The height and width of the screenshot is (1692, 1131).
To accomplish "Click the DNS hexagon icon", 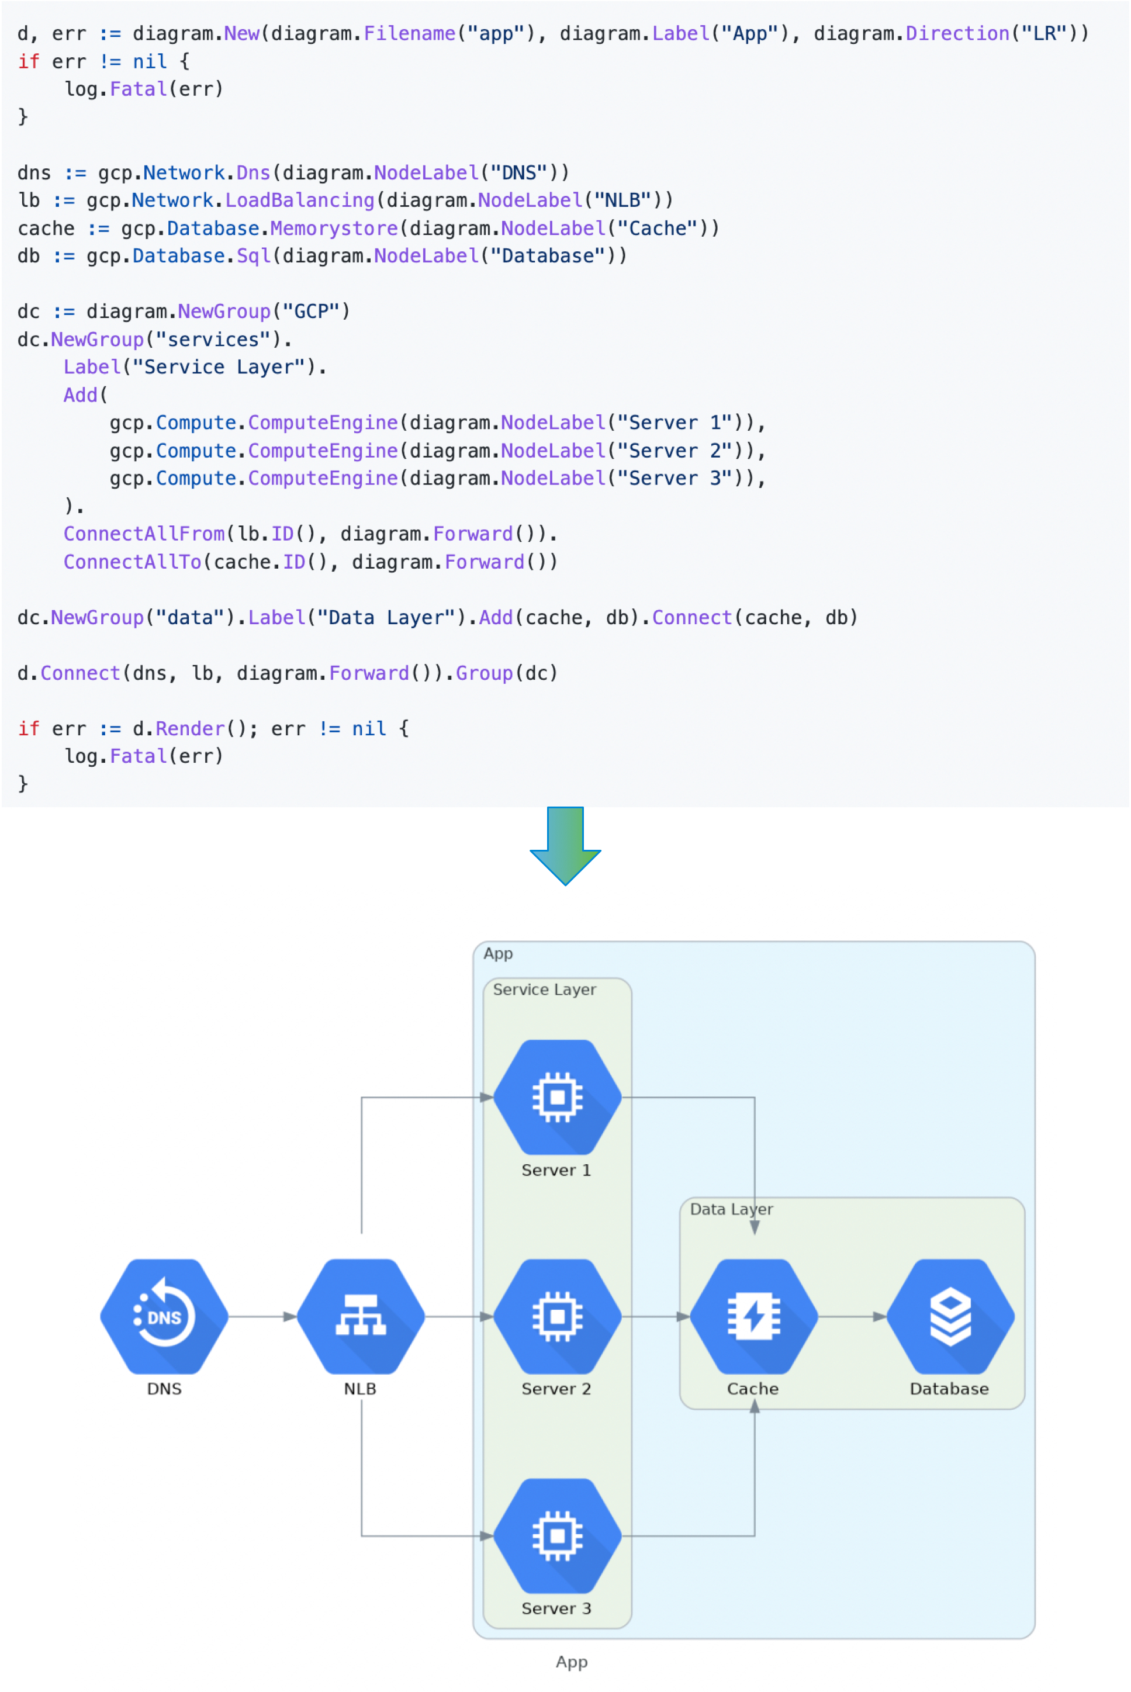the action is pos(164,1316).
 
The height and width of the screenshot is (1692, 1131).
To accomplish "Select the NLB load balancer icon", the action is pos(361,1316).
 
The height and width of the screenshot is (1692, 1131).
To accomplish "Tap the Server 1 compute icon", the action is pos(557,1097).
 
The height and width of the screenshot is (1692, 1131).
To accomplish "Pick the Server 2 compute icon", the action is pos(557,1316).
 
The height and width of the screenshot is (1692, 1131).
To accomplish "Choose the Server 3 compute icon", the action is pos(557,1535).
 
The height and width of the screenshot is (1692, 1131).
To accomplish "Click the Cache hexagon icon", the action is pos(754,1316).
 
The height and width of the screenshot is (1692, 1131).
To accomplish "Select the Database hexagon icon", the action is pos(950,1316).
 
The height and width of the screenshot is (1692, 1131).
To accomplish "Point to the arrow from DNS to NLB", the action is pos(262,1316).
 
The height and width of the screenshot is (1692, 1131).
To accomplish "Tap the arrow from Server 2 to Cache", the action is pos(656,1316).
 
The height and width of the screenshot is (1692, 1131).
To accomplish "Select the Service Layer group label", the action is pos(545,989).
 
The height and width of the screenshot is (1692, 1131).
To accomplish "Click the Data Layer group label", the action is pos(731,1209).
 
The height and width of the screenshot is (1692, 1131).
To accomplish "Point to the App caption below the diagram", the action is pos(571,1662).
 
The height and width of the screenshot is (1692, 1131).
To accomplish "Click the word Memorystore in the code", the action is pos(334,228).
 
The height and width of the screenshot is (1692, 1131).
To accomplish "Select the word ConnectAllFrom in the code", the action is pos(144,534).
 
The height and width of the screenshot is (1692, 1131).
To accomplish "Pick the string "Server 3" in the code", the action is pos(669,478).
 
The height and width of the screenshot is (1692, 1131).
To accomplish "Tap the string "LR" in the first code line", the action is pos(1044,33).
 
